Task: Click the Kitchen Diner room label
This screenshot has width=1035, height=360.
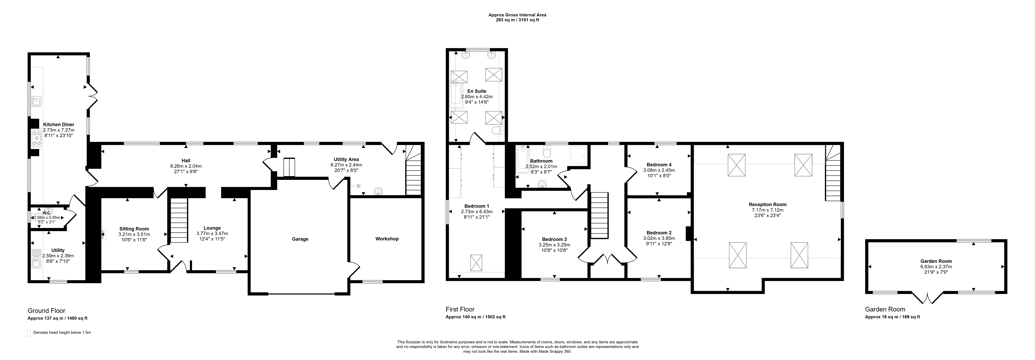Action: click(59, 125)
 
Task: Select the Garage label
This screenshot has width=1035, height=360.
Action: click(300, 239)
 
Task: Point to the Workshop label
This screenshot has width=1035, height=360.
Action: click(387, 239)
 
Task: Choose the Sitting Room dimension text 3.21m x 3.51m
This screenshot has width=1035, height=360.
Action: click(134, 234)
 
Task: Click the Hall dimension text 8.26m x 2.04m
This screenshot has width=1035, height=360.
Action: click(186, 166)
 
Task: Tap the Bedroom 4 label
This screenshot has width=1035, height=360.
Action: click(659, 165)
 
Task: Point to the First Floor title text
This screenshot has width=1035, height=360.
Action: click(460, 309)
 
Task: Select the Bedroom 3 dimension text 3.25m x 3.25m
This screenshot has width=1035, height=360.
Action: click(554, 245)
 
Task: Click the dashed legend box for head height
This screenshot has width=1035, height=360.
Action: click(29, 333)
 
